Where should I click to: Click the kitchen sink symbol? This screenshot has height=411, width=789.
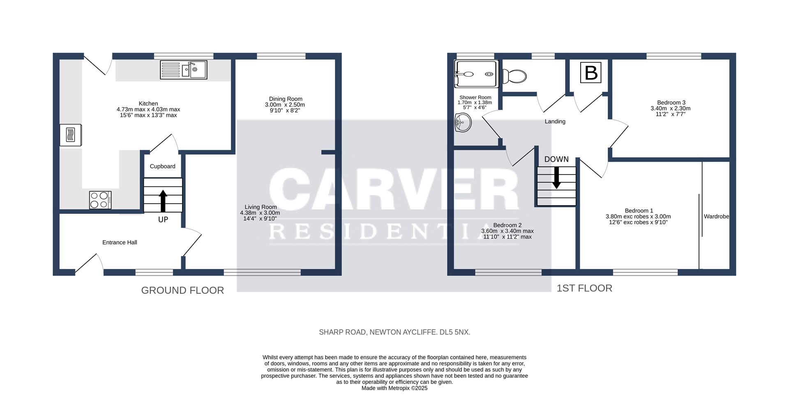(184, 70)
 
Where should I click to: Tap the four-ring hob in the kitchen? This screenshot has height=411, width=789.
(100, 200)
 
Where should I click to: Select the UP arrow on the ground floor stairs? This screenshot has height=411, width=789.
(163, 200)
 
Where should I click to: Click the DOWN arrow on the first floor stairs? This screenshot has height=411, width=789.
(556, 177)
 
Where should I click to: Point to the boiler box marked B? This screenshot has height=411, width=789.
(591, 73)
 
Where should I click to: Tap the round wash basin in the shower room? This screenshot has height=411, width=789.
(463, 123)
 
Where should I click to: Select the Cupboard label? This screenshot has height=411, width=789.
(162, 166)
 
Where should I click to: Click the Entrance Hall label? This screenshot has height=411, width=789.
(120, 242)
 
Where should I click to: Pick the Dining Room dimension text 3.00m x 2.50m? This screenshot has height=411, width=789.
(285, 105)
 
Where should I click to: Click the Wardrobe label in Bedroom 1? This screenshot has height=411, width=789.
(716, 216)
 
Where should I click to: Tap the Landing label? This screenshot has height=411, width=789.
(555, 122)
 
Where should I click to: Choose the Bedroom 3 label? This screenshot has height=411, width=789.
(671, 103)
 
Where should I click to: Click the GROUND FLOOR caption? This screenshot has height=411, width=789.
(182, 290)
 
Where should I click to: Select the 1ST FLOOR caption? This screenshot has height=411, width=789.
(584, 288)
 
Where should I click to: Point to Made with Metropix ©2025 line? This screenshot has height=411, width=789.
(394, 388)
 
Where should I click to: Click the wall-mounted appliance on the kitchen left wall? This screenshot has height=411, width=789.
(70, 135)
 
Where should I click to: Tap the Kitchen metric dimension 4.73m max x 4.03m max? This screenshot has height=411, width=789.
(148, 109)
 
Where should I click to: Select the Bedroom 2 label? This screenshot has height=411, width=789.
(507, 225)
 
